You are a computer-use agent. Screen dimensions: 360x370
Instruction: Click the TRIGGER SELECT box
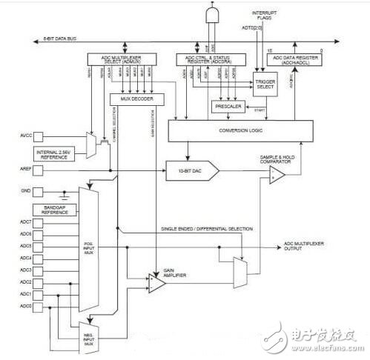[x=264, y=85]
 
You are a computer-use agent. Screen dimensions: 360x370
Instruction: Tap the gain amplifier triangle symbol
[x=157, y=282]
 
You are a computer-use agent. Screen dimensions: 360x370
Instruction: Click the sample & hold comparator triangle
[x=277, y=175]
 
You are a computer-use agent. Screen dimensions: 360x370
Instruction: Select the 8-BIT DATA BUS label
[x=62, y=38]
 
